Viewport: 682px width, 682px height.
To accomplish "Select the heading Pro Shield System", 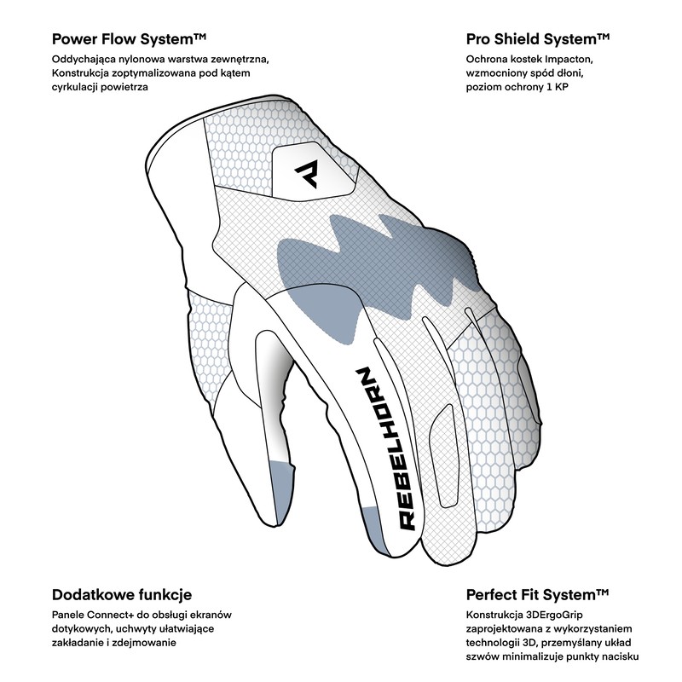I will pyautogui.click(x=537, y=39).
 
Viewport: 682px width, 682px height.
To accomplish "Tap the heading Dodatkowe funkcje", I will pyautogui.click(x=122, y=594).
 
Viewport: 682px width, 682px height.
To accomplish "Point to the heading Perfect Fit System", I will pyautogui.click(x=537, y=594).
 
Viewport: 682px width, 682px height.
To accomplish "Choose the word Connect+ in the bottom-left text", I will pyautogui.click(x=108, y=615).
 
